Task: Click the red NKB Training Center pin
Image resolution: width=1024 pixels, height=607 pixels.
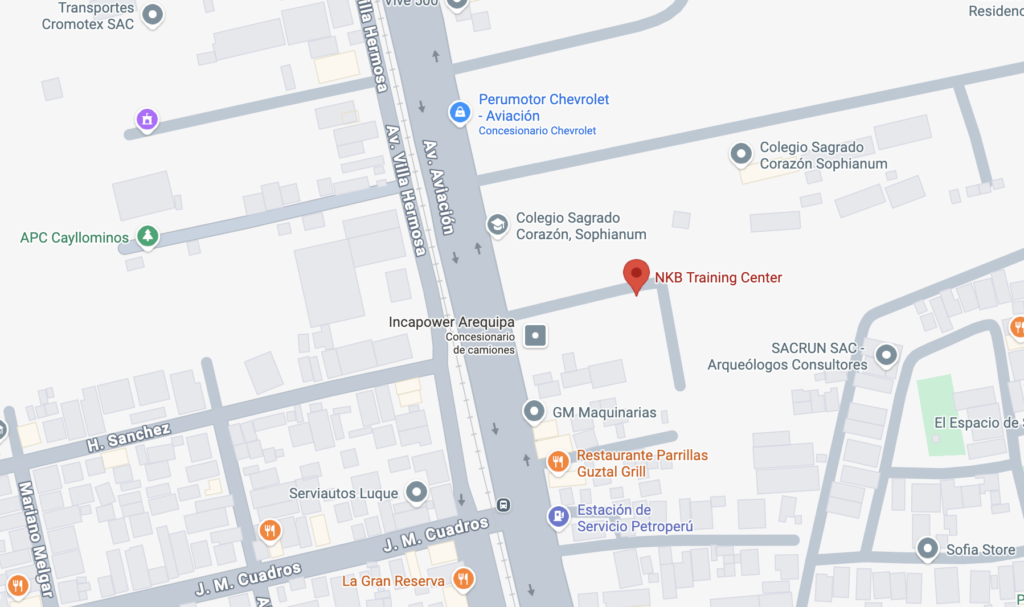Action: click(636, 274)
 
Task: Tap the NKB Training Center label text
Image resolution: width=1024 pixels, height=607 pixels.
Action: click(718, 278)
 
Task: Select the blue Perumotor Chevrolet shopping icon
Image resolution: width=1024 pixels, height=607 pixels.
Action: click(460, 112)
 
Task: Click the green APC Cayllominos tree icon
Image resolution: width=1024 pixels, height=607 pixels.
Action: click(148, 235)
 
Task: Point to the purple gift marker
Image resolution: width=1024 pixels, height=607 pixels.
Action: click(147, 119)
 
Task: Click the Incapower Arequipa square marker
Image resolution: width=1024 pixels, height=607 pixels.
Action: click(535, 335)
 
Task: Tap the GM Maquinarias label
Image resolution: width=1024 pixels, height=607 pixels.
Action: click(604, 412)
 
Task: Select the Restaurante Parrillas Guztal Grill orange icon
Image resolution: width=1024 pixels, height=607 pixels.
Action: click(558, 461)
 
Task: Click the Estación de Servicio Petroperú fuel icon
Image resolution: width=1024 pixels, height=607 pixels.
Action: click(558, 516)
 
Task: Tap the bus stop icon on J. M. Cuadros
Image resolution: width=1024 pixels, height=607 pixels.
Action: click(503, 505)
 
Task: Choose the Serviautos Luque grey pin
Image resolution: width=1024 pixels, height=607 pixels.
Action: click(416, 491)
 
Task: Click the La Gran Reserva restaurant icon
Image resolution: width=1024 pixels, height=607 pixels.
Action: click(463, 579)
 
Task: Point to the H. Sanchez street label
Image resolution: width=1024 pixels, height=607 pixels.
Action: click(129, 437)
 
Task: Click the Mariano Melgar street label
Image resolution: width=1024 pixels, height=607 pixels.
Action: click(35, 538)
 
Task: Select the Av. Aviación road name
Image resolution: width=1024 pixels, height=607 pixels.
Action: click(439, 187)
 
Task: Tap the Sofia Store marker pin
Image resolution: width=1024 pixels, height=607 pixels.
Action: click(927, 548)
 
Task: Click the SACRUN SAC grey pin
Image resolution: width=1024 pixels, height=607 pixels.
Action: click(886, 355)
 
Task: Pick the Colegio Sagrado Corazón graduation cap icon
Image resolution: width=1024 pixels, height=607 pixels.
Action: click(497, 224)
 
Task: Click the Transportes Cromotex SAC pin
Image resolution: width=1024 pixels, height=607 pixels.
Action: click(152, 14)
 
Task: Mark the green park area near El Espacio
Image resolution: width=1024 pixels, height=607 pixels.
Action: click(939, 415)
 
